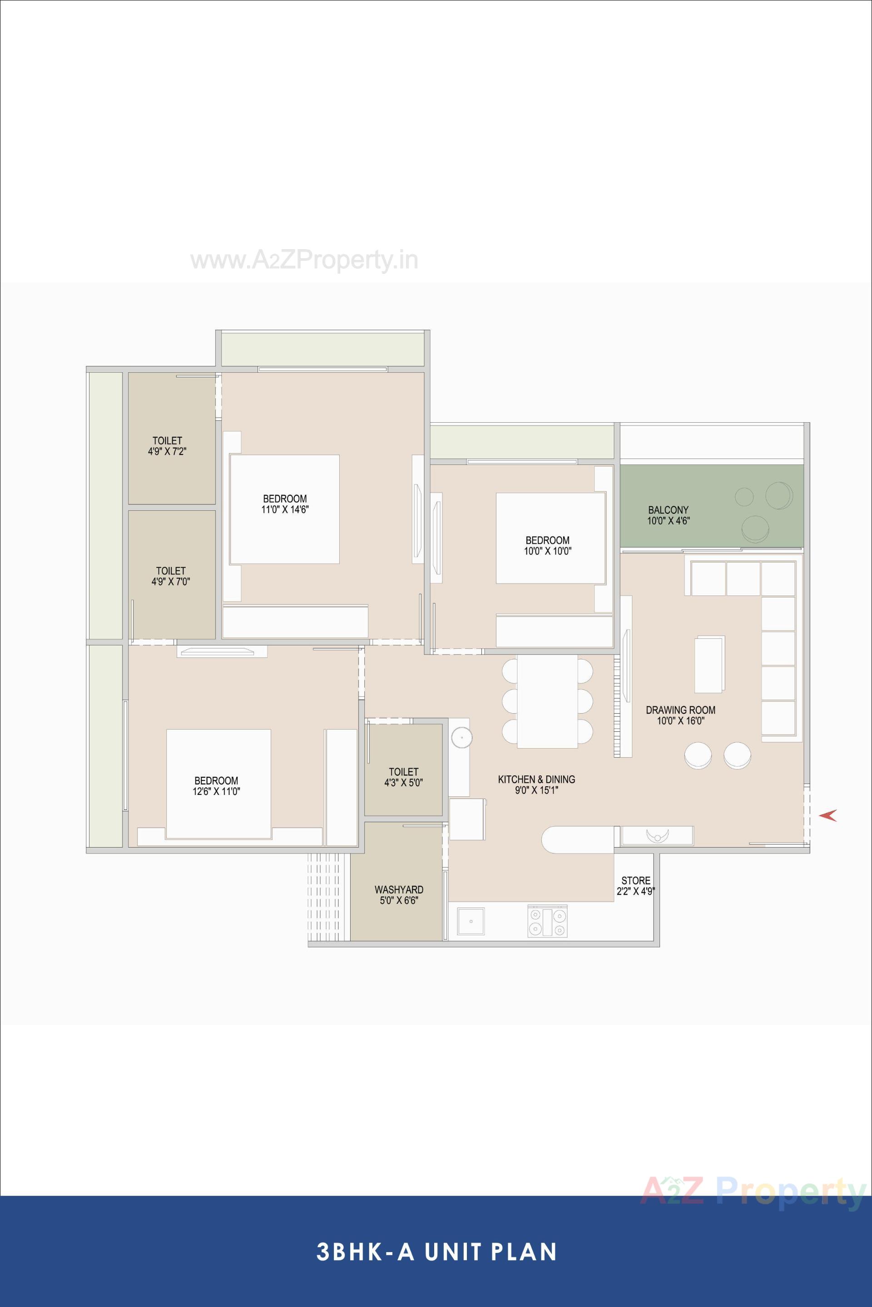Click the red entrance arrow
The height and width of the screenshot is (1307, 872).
[828, 815]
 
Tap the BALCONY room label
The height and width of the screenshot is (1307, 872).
[668, 510]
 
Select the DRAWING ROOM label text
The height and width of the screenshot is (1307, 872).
[680, 710]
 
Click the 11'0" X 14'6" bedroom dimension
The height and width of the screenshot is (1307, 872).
[285, 509]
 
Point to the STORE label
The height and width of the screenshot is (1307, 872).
[636, 881]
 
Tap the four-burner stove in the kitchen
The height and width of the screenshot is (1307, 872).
[547, 922]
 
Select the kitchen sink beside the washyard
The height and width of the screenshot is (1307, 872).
[471, 922]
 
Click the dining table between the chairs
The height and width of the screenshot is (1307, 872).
[547, 701]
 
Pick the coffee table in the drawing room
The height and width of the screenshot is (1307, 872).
[709, 664]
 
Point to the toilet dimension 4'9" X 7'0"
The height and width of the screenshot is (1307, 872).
[171, 582]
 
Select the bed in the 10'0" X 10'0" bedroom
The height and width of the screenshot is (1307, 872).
[550, 538]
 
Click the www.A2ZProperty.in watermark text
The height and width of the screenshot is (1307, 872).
[304, 261]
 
